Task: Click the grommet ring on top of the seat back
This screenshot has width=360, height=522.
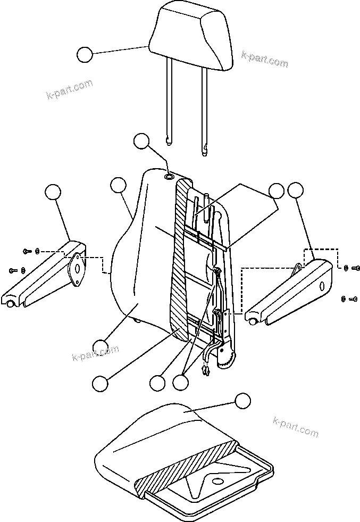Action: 169,177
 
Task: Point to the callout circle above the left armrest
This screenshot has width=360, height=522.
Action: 52,193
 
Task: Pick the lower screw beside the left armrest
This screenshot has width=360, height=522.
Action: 13,271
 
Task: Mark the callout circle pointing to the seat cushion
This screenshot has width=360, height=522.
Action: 242,401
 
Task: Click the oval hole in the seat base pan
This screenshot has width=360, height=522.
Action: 216,482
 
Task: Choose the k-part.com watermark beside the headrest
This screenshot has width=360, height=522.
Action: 264,59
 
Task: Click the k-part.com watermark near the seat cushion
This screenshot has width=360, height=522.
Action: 295,426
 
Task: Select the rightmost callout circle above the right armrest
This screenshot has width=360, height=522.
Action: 295,190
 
